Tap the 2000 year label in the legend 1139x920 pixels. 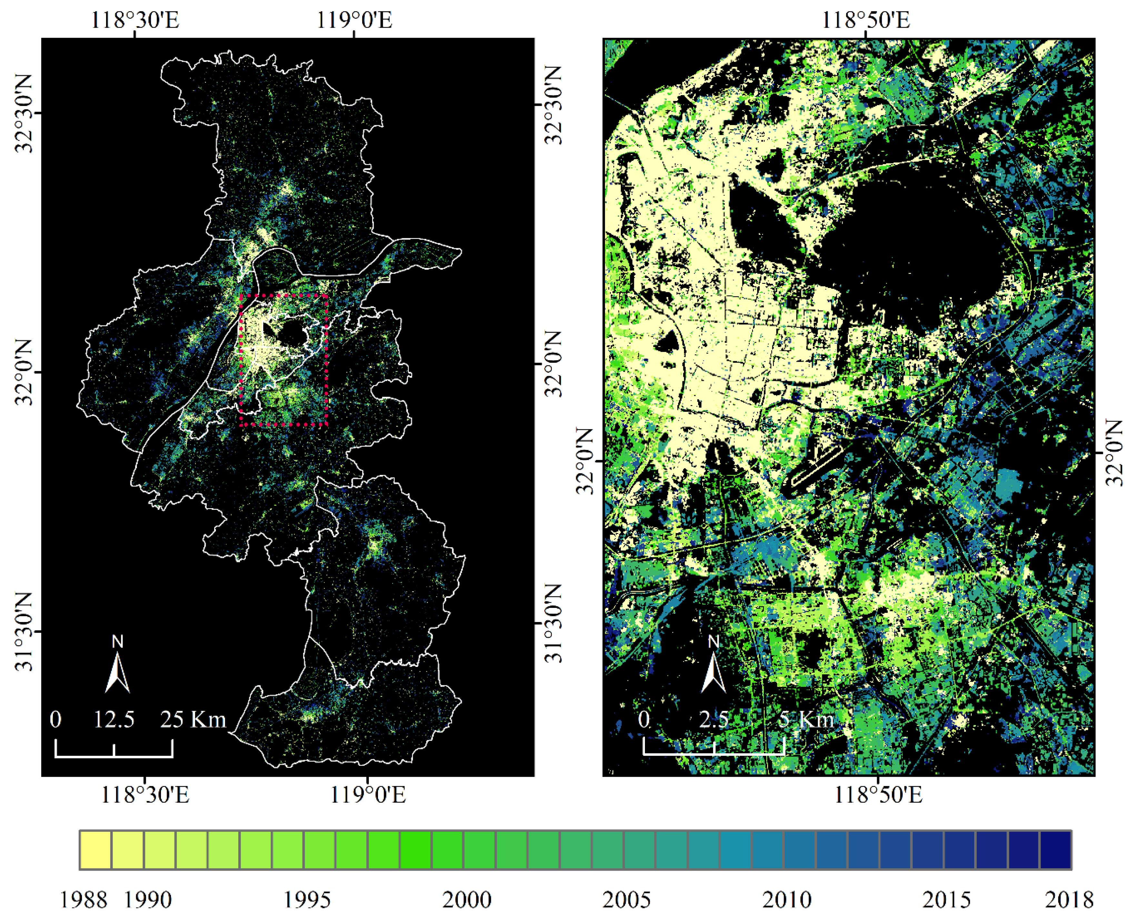467,899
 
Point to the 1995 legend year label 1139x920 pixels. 307,899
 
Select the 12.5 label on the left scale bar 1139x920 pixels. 114,719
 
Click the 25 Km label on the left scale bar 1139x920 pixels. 193,719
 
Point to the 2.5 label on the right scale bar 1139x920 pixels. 713,719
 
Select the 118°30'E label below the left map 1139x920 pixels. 145,795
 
